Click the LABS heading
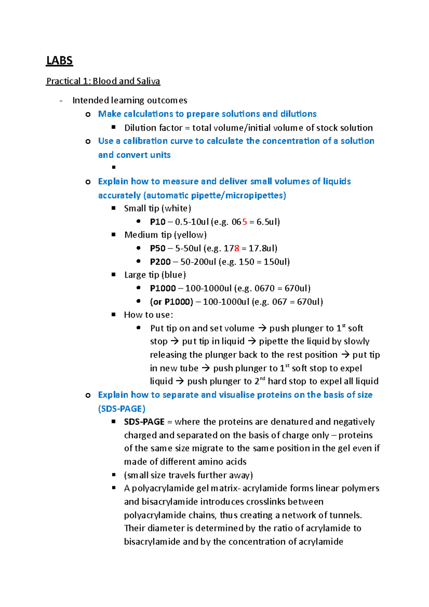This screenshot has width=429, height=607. [59, 61]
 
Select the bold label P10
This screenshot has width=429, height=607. [158, 222]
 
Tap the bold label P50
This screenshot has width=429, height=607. [158, 248]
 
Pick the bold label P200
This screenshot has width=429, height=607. [160, 262]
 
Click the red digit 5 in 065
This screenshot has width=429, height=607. [245, 222]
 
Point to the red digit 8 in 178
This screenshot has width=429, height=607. [237, 248]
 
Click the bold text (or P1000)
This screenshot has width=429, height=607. [172, 302]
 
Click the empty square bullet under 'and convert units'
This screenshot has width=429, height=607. [114, 167]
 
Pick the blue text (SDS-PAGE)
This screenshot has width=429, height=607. [122, 409]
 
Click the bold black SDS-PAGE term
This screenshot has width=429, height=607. [144, 422]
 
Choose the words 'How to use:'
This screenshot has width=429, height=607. [148, 315]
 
